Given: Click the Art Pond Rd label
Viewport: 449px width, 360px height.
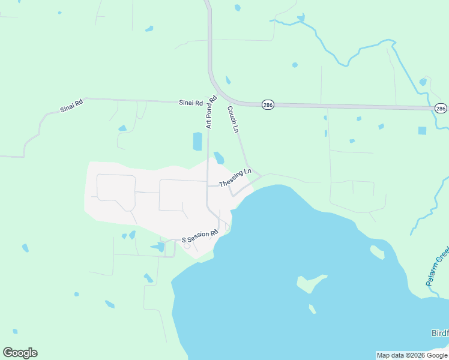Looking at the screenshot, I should tap(211, 112).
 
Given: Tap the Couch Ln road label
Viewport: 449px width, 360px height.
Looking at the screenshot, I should tap(233, 119).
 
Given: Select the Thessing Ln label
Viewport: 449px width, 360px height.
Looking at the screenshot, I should tap(235, 178).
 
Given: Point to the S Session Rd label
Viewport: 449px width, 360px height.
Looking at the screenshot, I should tap(200, 237).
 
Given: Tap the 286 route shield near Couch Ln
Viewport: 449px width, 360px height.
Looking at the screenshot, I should tap(268, 105).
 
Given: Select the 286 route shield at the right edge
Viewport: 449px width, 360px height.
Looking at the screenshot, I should tap(441, 109).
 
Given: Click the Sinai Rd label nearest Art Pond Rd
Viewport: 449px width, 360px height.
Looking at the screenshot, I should tap(191, 103).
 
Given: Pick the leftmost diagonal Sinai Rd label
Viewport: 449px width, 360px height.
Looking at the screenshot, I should tap(71, 107).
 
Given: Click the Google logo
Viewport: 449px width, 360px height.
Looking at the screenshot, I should tap(20, 353).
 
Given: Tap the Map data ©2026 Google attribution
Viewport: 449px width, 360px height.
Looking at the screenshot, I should tap(412, 355).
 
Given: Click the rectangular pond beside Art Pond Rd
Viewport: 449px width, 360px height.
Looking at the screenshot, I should tap(197, 142).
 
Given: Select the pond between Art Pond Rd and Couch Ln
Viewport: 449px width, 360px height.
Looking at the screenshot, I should tap(219, 157).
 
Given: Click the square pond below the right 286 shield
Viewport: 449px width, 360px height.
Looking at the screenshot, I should tap(422, 130).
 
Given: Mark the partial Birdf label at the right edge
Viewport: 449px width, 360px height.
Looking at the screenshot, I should tap(439, 333).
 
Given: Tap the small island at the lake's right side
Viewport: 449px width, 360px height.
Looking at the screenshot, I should tap(377, 252).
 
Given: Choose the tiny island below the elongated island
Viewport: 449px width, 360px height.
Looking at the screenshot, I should tap(312, 309).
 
